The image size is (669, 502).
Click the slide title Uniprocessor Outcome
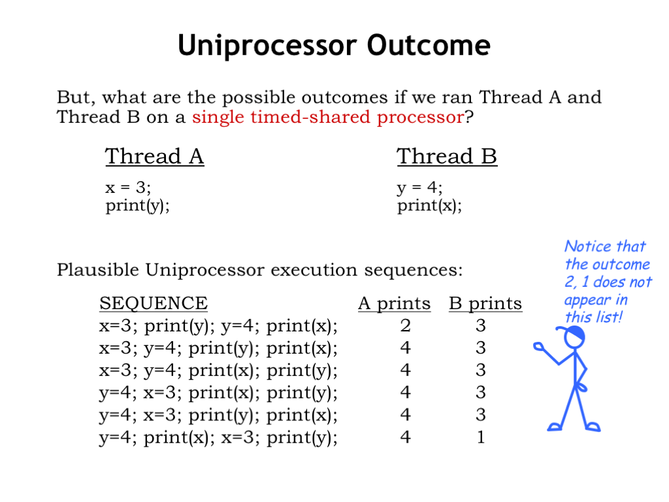334,46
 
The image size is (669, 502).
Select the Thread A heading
154,156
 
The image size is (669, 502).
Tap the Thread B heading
447,156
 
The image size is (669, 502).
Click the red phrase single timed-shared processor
328,117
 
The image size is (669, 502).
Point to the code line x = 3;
128,187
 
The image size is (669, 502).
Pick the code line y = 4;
419,188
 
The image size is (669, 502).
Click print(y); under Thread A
137,206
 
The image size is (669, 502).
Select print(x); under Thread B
429,206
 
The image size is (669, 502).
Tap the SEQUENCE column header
154,303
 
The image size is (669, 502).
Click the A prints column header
394,303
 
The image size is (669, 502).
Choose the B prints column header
485,303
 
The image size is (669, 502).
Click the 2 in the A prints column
405,326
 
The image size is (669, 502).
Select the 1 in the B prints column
481,437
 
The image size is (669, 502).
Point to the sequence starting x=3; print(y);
218,326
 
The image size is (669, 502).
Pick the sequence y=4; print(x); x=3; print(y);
218,437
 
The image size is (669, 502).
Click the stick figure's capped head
572,336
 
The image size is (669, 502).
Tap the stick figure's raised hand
538,346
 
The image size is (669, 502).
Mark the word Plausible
98,270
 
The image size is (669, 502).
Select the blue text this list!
593,317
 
